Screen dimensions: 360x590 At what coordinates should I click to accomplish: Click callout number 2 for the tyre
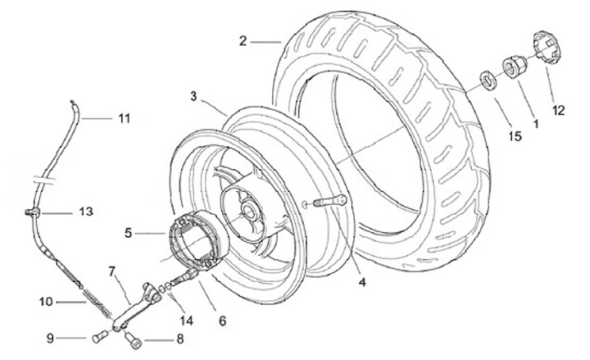(x=243, y=39)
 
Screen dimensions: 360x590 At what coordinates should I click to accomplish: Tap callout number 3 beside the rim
(x=193, y=96)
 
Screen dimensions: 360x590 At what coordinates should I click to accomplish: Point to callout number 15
(x=515, y=134)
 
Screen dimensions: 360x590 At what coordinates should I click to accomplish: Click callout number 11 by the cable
(x=123, y=118)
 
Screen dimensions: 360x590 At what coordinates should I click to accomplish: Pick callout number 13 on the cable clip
(x=86, y=212)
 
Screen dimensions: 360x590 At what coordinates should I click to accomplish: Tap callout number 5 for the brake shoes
(x=129, y=232)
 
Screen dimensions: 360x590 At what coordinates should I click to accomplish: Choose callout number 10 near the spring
(x=45, y=301)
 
